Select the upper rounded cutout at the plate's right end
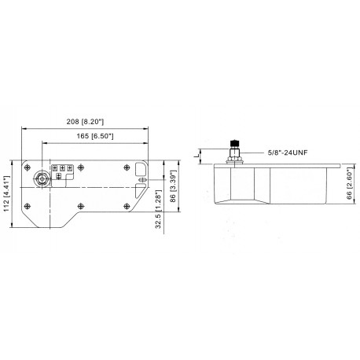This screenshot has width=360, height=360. click(x=140, y=170)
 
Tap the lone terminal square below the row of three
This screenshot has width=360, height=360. click(x=61, y=178)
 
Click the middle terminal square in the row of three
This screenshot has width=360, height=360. click(x=61, y=168)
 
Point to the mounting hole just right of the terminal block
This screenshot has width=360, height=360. click(x=83, y=167)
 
